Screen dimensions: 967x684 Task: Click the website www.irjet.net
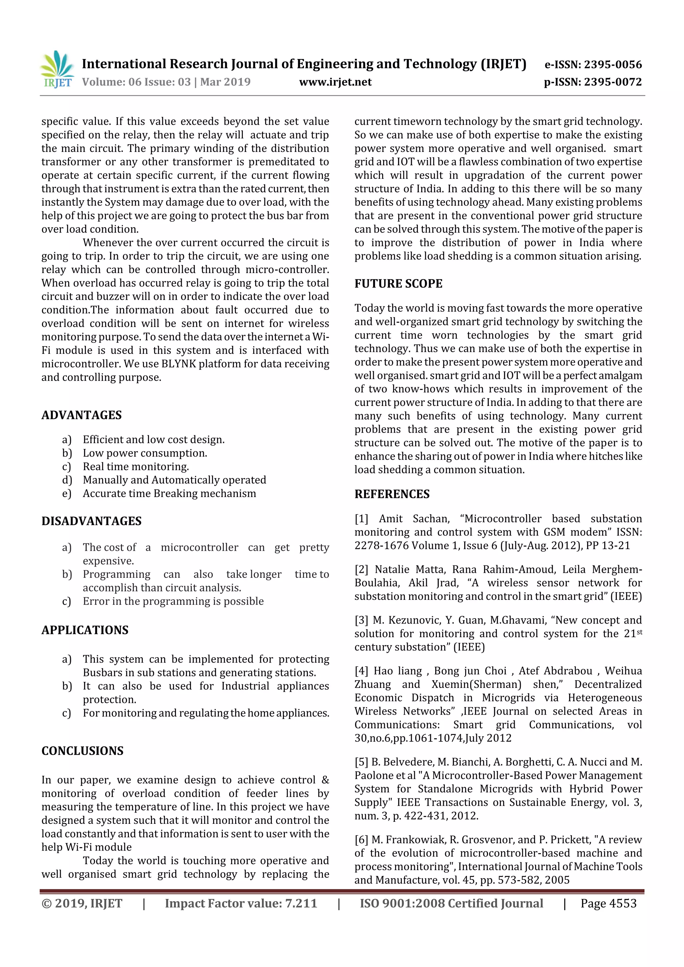pyautogui.click(x=335, y=82)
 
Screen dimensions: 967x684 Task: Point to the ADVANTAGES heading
pyautogui.click(x=81, y=415)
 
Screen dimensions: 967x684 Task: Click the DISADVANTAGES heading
pyautogui.click(x=92, y=521)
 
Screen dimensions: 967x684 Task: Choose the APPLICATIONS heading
pyautogui.click(x=85, y=630)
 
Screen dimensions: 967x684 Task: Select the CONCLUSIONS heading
pyautogui.click(x=82, y=751)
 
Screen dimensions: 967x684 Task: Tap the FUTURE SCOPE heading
pyautogui.click(x=398, y=284)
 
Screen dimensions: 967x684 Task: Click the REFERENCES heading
pyautogui.click(x=392, y=494)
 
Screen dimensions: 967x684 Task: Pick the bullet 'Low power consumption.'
pyautogui.click(x=145, y=453)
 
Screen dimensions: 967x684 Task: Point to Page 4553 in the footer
pyautogui.click(x=608, y=903)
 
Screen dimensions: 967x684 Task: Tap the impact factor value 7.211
pyautogui.click(x=301, y=903)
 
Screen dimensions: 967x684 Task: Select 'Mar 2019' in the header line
pyautogui.click(x=225, y=82)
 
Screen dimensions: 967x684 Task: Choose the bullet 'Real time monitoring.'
pyautogui.click(x=136, y=467)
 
